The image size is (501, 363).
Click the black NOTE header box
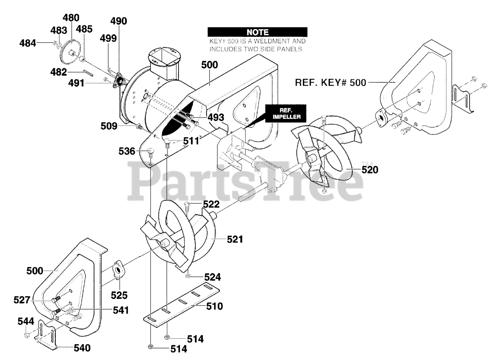(257, 32)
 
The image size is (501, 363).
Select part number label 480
(71, 18)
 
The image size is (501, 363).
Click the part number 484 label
(28, 43)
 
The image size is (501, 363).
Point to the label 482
(58, 72)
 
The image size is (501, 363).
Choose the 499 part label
(108, 38)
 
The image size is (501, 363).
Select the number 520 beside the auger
(370, 170)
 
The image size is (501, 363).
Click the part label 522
(211, 204)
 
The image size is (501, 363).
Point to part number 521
(235, 239)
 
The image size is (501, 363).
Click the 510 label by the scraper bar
(214, 306)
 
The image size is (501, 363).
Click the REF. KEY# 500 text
(330, 82)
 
